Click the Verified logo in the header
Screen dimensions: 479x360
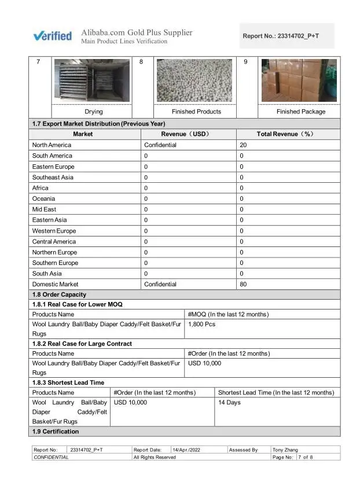pyautogui.click(x=52, y=36)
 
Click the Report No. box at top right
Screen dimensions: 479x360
pyautogui.click(x=287, y=36)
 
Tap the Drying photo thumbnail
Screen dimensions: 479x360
pyautogui.click(x=93, y=80)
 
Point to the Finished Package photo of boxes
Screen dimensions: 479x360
pyautogui.click(x=299, y=80)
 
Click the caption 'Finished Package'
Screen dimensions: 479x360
pyautogui.click(x=300, y=112)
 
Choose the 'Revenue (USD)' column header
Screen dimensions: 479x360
pyautogui.click(x=188, y=134)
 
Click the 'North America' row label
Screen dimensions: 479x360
pyautogui.click(x=52, y=145)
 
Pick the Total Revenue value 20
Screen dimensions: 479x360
pyautogui.click(x=243, y=145)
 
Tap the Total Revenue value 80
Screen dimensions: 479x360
pyautogui.click(x=243, y=285)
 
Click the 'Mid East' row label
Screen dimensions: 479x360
pyautogui.click(x=45, y=209)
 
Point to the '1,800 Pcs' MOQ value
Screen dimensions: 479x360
pyautogui.click(x=202, y=325)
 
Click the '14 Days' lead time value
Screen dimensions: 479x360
pyautogui.click(x=229, y=403)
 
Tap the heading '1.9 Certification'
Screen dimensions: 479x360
pyautogui.click(x=56, y=432)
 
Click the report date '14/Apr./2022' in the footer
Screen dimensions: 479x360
pyautogui.click(x=186, y=449)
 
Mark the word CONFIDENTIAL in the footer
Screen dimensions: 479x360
pyautogui.click(x=51, y=457)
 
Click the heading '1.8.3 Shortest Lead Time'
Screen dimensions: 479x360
pyautogui.click(x=68, y=382)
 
